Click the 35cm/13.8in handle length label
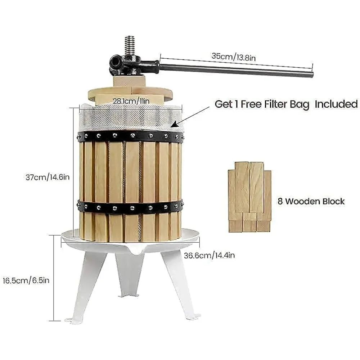click(234, 56)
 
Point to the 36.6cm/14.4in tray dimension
click(209, 256)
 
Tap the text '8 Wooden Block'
click(311, 201)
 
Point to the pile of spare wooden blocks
click(249, 196)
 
